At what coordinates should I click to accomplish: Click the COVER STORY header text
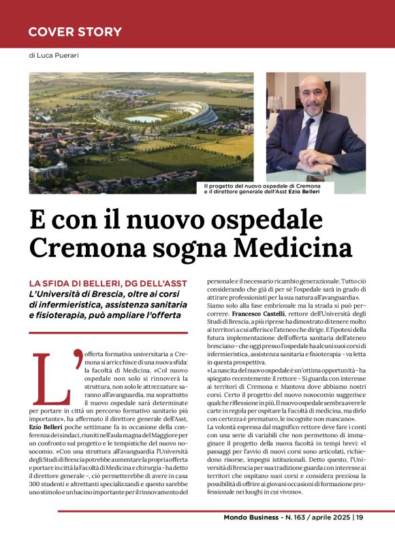click(75, 32)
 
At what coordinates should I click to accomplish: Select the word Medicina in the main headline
click(289, 247)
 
